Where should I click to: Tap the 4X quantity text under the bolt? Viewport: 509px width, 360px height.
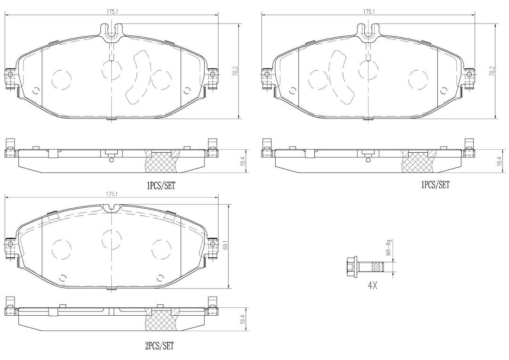372,286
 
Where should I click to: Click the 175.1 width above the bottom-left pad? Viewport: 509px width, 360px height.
111,194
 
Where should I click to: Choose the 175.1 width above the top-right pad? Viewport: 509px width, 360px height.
369,11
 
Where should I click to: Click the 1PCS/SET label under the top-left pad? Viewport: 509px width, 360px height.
161,186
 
